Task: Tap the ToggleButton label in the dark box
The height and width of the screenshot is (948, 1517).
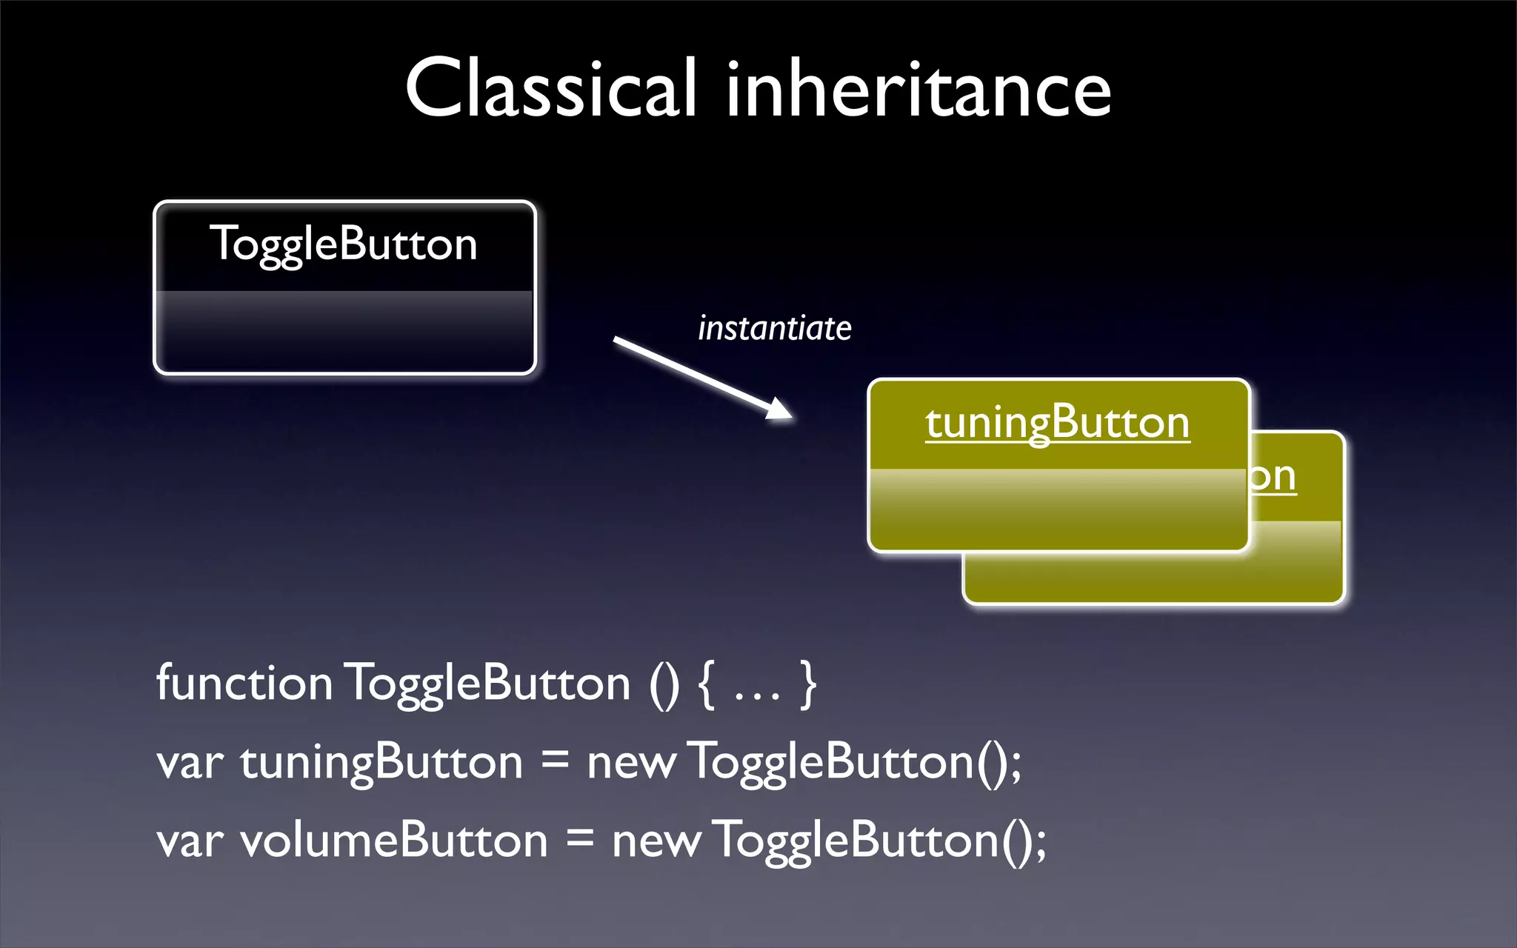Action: pyautogui.click(x=344, y=244)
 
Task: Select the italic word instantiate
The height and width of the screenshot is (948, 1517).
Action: pyautogui.click(x=775, y=328)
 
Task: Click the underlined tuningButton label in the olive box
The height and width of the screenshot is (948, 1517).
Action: pyautogui.click(x=1058, y=424)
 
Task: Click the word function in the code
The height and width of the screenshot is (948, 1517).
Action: pyautogui.click(x=244, y=682)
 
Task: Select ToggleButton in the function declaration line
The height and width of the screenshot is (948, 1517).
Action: pyautogui.click(x=489, y=684)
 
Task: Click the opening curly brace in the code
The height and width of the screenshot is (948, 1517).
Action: pyautogui.click(x=707, y=685)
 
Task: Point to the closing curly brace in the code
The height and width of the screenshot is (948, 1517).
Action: pyautogui.click(x=808, y=685)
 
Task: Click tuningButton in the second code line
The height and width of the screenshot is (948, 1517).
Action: pyautogui.click(x=381, y=763)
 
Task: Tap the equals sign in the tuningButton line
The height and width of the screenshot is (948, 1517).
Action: pyautogui.click(x=555, y=761)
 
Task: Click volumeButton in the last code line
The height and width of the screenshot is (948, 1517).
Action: pyautogui.click(x=394, y=841)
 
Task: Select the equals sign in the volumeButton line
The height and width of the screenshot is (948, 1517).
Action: pyautogui.click(x=580, y=840)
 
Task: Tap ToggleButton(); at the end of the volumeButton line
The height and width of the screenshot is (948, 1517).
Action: pyautogui.click(x=878, y=841)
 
